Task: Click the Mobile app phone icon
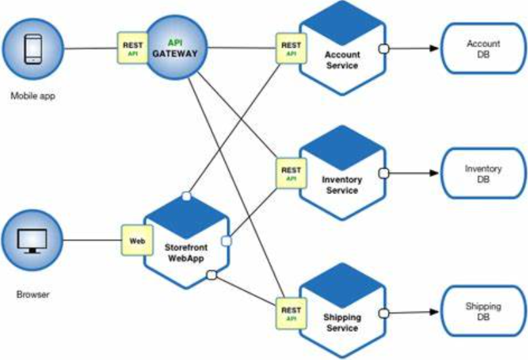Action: click(32, 48)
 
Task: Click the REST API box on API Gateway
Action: click(131, 48)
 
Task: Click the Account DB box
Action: click(483, 49)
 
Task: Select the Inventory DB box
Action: click(483, 173)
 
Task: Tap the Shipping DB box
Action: click(483, 311)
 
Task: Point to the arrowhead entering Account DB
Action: click(434, 49)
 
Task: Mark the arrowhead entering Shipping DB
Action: click(434, 312)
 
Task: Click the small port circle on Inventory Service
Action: click(384, 173)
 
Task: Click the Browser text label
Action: click(33, 295)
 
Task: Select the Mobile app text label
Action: click(33, 96)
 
